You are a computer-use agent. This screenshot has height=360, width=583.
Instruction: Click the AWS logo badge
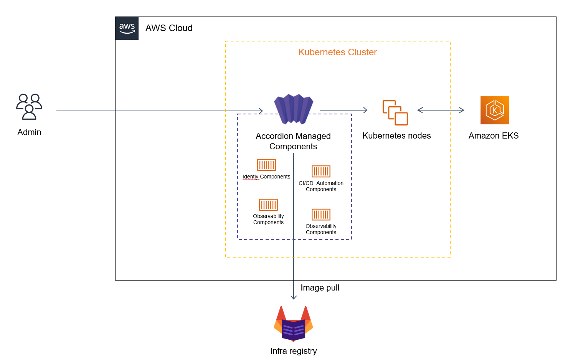coord(127,28)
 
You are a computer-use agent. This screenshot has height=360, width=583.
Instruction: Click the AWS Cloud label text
coord(169,28)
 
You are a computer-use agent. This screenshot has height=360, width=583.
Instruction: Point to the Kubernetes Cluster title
coord(337,52)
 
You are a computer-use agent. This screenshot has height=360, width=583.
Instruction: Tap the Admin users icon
coord(29,106)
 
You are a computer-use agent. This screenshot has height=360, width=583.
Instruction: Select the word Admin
coord(29,132)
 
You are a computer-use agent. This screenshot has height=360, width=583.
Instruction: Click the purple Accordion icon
coord(294,109)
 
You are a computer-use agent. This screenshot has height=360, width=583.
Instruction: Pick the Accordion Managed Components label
coord(293,141)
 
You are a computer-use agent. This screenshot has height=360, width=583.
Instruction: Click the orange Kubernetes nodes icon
coord(395,112)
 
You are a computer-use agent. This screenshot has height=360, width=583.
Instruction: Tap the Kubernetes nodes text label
coord(396,136)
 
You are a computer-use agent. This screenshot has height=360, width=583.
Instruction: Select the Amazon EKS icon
coord(494,110)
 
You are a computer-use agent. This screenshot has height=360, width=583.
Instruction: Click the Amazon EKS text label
coord(494,136)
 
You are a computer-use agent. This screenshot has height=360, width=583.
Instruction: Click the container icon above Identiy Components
coord(266,165)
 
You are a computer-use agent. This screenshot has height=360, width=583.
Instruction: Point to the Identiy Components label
coord(266,177)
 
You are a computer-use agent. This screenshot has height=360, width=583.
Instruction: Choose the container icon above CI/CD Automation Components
coord(321,171)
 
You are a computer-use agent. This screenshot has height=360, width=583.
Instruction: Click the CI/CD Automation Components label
coord(321,187)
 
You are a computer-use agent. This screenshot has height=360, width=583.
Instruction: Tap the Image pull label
coord(320,288)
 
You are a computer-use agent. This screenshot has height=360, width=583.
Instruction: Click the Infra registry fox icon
coord(293,324)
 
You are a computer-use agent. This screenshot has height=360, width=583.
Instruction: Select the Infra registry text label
coord(293,351)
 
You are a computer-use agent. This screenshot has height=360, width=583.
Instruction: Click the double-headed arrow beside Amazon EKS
coord(441,110)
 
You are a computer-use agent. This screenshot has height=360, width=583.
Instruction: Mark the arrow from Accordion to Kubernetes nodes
coord(344,110)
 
